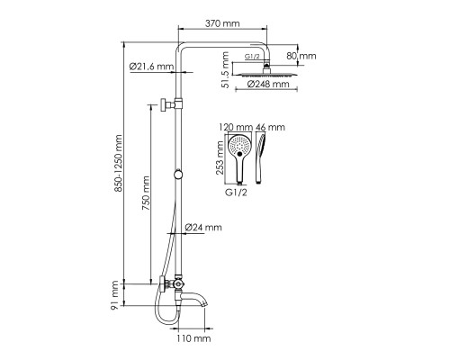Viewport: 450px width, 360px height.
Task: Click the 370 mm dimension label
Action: [222, 23]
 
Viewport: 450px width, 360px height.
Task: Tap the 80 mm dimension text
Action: [301, 56]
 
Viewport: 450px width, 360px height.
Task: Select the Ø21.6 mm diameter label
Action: [152, 67]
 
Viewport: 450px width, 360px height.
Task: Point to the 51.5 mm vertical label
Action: [225, 70]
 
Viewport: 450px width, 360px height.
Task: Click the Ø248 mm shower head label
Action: [268, 84]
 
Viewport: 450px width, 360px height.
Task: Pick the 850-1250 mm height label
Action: [118, 163]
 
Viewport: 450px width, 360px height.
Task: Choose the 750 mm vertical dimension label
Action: [146, 193]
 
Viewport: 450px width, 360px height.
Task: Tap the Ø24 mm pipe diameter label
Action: [203, 227]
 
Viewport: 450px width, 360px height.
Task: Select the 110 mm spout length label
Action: [193, 338]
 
